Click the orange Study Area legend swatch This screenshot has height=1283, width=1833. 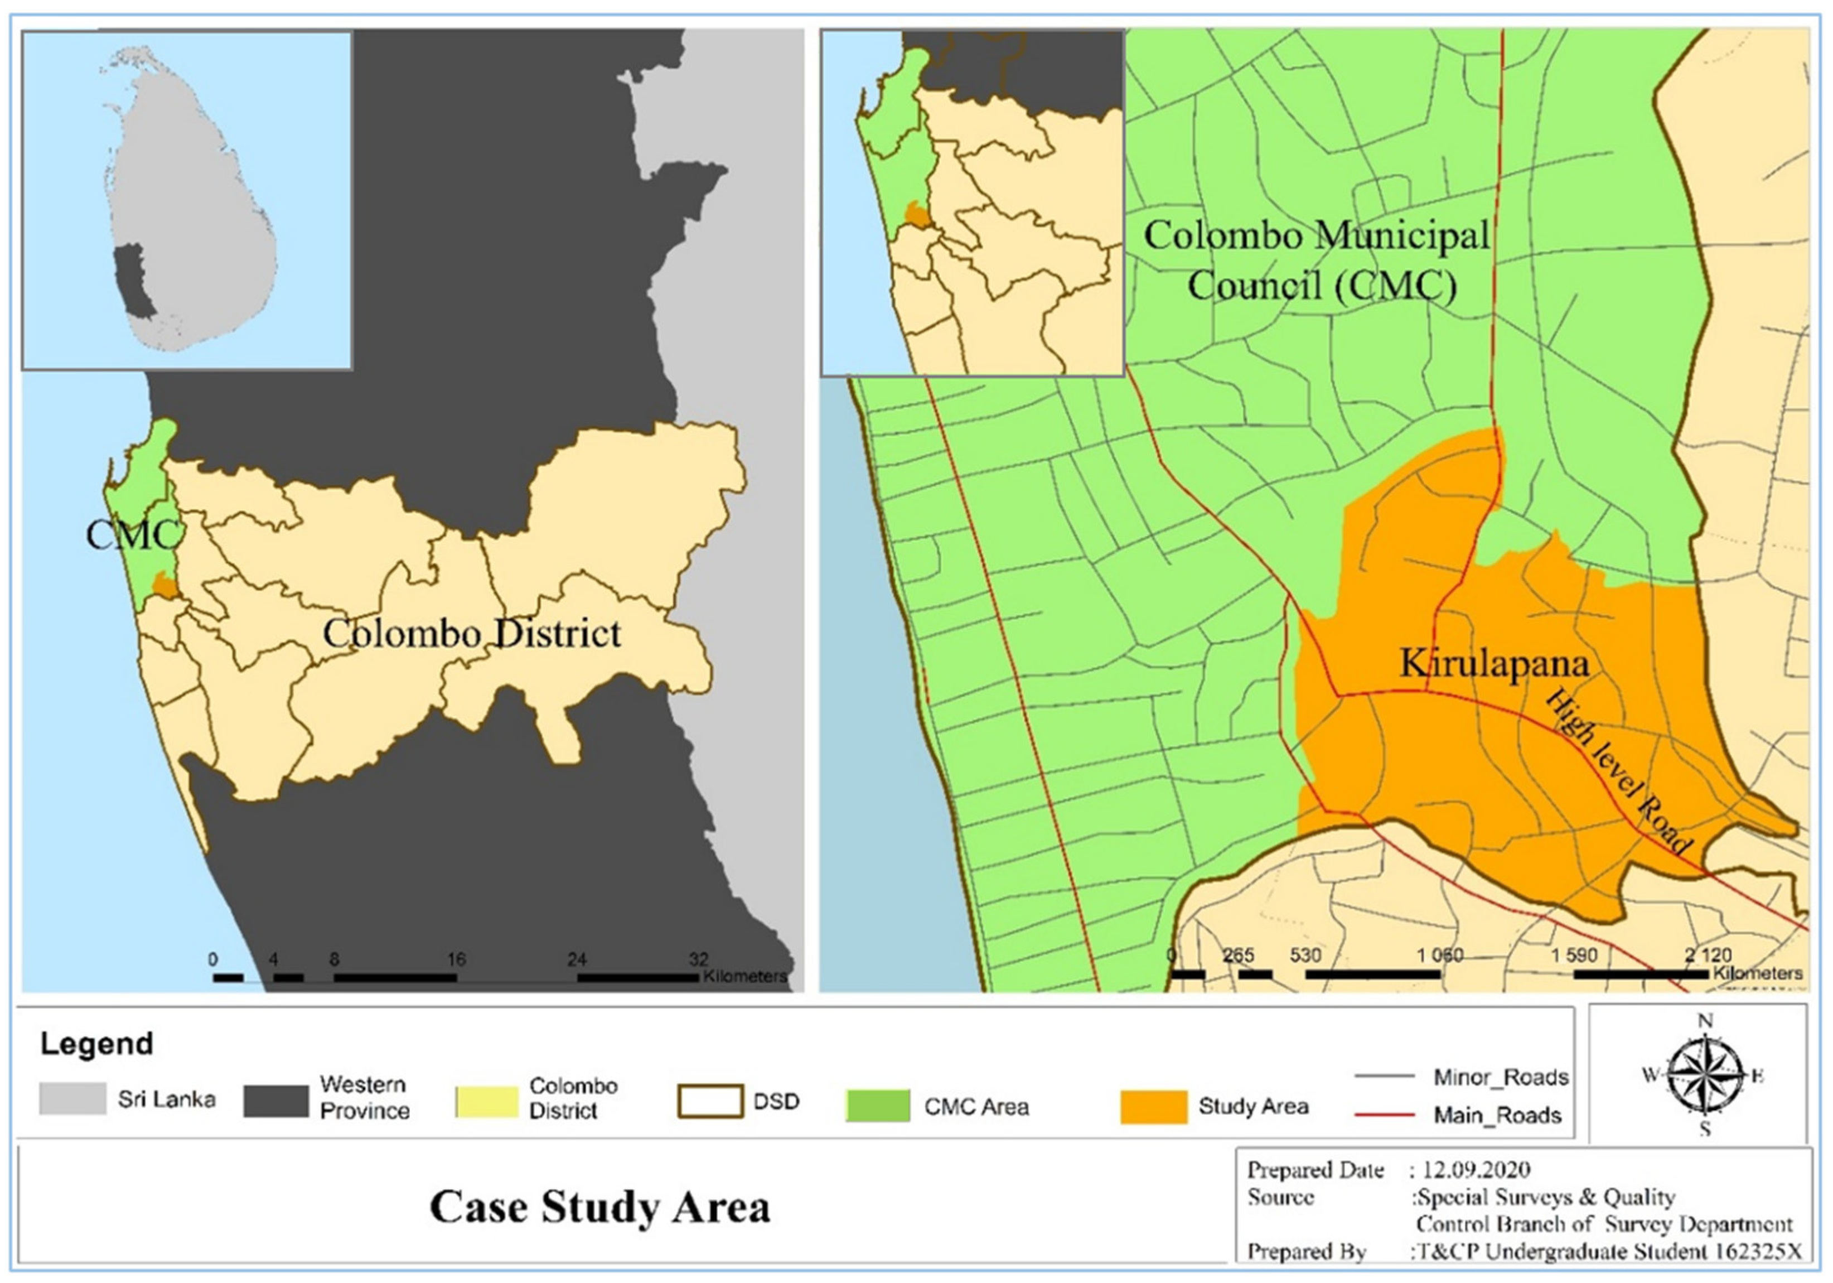coord(1153,1107)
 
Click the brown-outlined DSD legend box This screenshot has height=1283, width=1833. coord(710,1101)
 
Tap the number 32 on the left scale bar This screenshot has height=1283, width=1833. coord(699,959)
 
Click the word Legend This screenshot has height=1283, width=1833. coord(96,1044)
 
